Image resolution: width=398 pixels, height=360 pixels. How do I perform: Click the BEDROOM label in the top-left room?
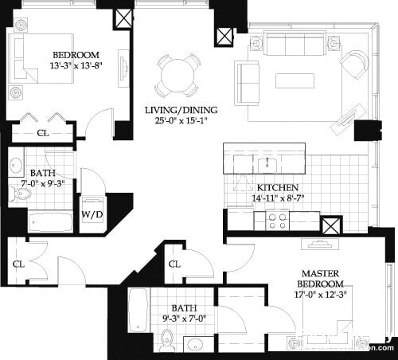(x=76, y=55)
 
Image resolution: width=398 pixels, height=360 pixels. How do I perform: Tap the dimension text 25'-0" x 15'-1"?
(x=181, y=121)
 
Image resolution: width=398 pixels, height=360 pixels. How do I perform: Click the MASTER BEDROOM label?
(x=321, y=279)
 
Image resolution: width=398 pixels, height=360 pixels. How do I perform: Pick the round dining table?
(x=178, y=76)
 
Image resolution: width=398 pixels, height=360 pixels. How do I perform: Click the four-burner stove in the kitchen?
(x=278, y=221)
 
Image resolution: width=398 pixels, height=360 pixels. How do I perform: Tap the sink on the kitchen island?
(x=267, y=165)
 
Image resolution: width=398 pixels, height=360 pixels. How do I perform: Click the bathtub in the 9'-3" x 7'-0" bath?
(x=138, y=310)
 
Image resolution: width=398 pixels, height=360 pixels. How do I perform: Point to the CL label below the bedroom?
(x=42, y=133)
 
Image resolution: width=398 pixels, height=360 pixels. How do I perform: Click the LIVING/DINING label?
(x=181, y=109)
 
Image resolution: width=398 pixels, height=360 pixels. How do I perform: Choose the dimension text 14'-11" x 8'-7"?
(x=278, y=197)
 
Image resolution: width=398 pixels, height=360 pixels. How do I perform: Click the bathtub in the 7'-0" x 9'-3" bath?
(x=50, y=221)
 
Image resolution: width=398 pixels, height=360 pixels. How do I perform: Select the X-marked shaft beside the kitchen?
(x=331, y=224)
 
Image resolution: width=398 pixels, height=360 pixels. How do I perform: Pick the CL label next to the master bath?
(x=175, y=264)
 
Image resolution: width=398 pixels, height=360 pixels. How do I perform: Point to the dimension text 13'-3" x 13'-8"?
(x=76, y=66)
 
